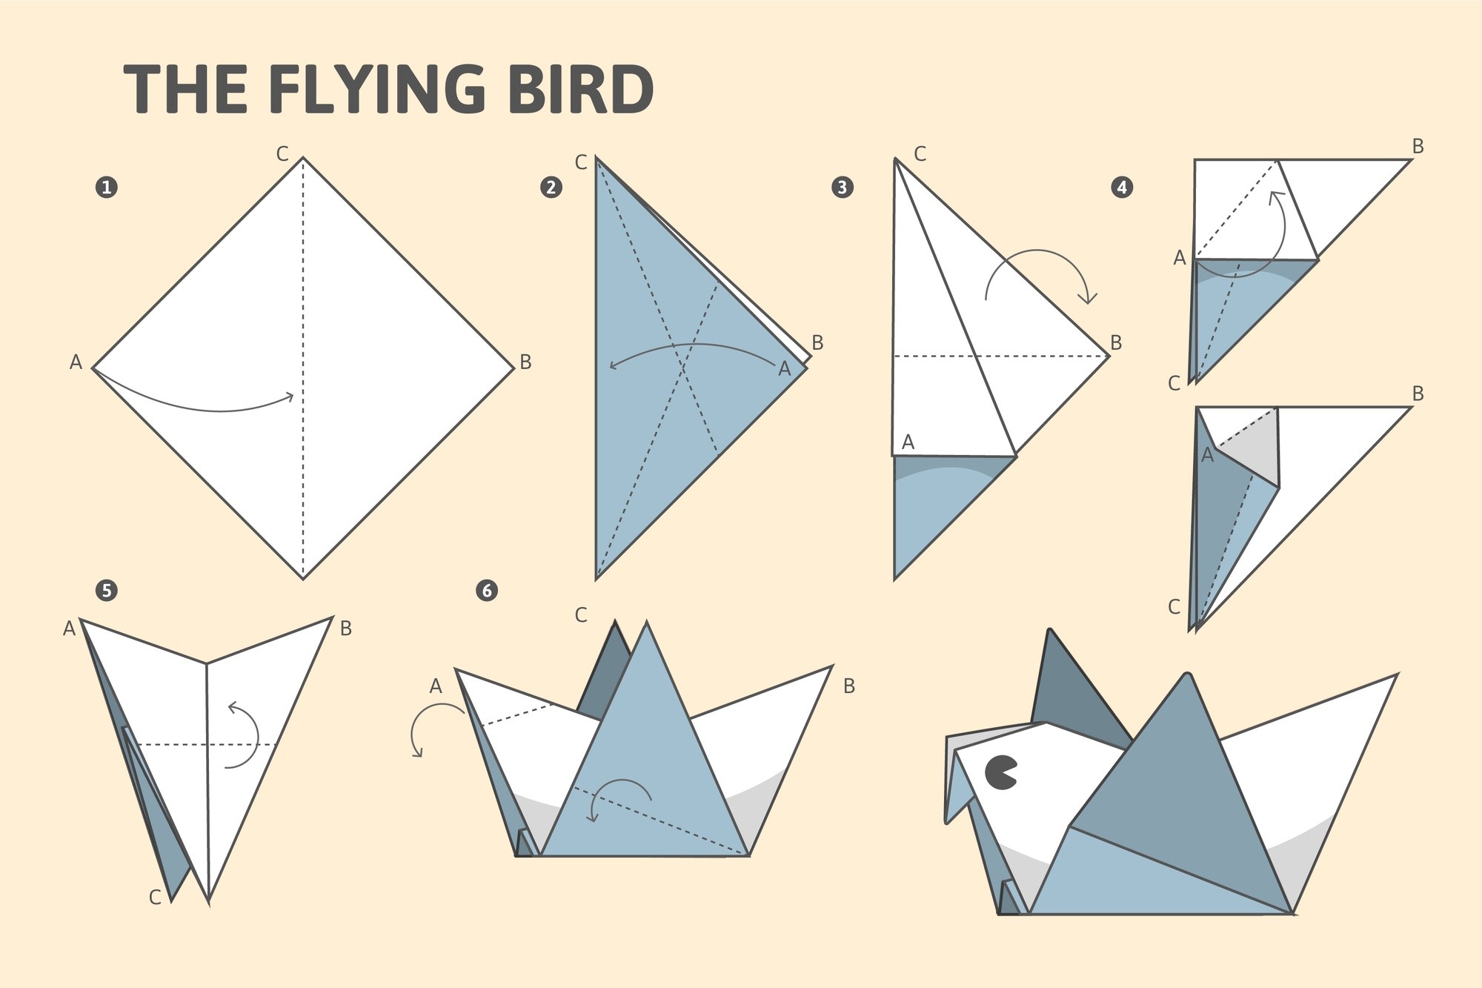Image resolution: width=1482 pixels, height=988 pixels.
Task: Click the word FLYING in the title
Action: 382,90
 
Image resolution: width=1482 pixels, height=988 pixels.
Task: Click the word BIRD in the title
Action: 581,89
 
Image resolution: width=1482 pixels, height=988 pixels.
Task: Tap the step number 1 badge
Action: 107,187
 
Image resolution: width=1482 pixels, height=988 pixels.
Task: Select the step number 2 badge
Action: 551,187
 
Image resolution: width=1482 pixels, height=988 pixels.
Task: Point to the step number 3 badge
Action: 842,187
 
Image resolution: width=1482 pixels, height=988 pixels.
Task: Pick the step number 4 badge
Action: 1122,187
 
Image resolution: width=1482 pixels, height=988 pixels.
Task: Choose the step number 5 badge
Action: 107,590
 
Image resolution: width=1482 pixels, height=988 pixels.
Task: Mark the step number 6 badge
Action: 487,590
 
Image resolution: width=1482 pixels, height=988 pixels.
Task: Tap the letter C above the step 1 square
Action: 282,154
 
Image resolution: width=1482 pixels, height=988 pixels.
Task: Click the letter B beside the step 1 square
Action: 525,362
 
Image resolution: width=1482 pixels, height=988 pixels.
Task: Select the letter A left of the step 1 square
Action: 76,362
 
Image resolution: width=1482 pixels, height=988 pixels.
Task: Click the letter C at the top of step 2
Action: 581,162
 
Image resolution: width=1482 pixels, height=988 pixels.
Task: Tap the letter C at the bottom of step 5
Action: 155,898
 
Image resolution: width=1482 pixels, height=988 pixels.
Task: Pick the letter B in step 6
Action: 849,686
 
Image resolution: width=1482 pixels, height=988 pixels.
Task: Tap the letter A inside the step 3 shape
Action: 908,442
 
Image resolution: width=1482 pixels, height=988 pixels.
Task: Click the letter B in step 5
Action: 345,629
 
